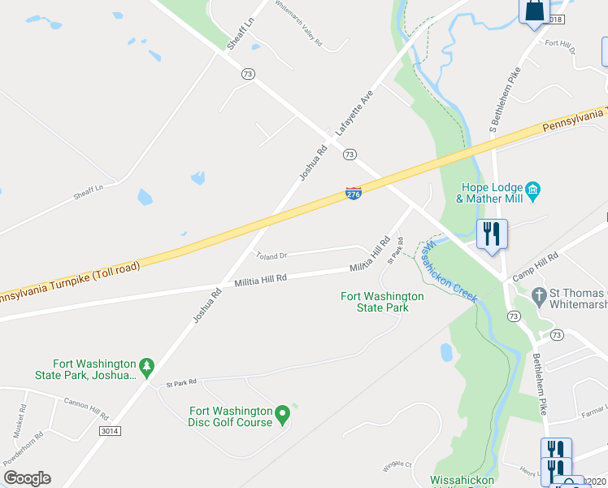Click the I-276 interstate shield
(x=354, y=194)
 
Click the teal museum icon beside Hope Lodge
(x=533, y=192)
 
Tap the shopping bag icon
(x=534, y=11)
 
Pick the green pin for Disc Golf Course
(x=282, y=415)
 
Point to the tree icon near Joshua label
(x=146, y=368)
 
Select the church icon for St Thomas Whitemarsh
(x=537, y=294)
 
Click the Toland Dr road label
(x=272, y=255)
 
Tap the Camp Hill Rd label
(x=534, y=267)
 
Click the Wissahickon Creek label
(x=449, y=270)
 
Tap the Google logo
(x=27, y=478)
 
